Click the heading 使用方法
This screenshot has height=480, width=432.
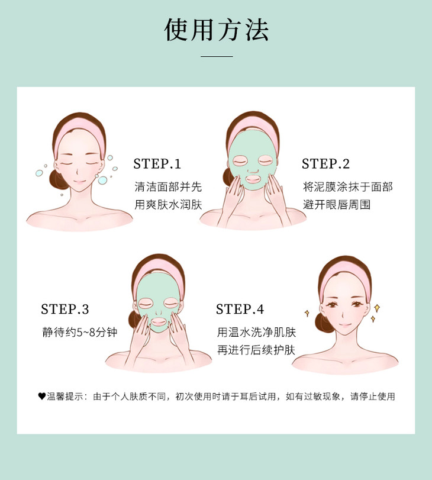[217, 30]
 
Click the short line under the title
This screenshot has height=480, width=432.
[217, 56]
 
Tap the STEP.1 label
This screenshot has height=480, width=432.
[157, 164]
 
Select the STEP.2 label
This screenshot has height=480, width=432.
[325, 164]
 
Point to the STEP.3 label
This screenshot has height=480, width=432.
[65, 309]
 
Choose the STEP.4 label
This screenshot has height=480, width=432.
[240, 309]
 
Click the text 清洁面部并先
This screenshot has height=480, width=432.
[168, 186]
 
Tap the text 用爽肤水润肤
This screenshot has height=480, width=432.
[168, 205]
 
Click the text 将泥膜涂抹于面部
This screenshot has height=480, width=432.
[348, 186]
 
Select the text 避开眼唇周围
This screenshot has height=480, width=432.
[337, 205]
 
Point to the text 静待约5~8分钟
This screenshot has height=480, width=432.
[80, 332]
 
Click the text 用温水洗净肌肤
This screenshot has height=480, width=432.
[257, 332]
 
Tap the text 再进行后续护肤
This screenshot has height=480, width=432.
[257, 350]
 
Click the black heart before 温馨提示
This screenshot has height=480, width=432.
[42, 397]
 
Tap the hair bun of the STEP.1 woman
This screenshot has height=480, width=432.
[55, 177]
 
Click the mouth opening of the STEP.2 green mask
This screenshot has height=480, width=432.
[253, 178]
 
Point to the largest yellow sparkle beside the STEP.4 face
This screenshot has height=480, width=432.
[377, 308]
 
